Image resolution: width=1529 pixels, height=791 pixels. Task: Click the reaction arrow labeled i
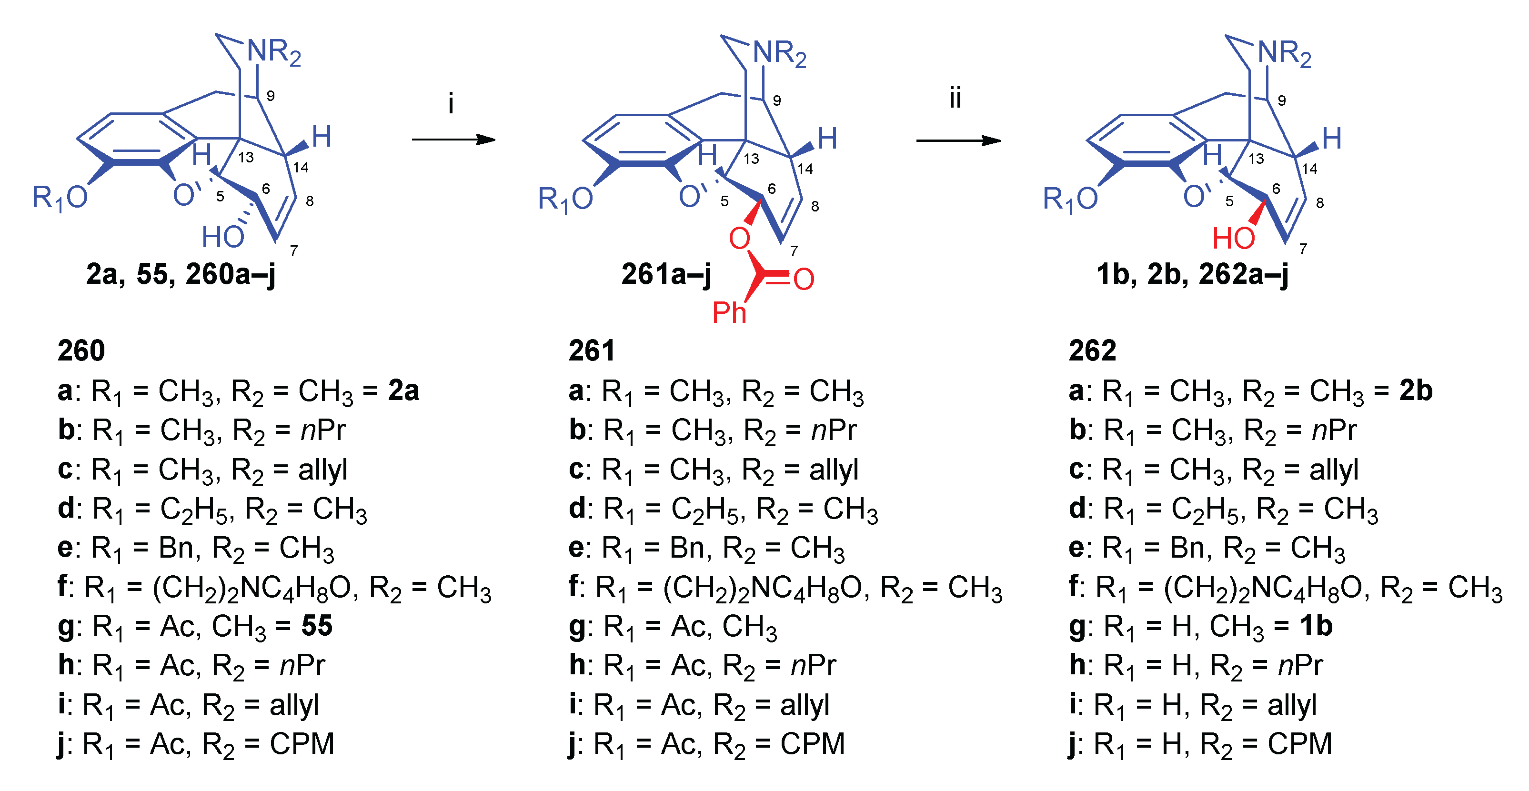point(453,140)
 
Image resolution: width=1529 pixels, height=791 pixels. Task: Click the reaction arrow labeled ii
point(958,140)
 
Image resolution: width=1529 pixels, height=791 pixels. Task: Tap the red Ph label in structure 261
point(729,312)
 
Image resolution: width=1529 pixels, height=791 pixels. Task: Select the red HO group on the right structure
point(1233,239)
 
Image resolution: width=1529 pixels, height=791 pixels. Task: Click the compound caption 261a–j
point(666,274)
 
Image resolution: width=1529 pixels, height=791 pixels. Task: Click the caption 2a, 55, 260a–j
point(181,274)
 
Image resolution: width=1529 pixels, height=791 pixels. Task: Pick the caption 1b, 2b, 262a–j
point(1192,274)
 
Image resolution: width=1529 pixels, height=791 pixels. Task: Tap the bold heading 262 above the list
point(1092,350)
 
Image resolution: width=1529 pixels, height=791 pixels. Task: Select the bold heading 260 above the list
point(81,350)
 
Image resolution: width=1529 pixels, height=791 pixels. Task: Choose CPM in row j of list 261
point(812,743)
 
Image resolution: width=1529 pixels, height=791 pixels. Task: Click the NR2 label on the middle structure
point(779,53)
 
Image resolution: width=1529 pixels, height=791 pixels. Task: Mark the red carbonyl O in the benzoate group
point(804,279)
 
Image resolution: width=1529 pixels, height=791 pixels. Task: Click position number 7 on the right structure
point(1303,249)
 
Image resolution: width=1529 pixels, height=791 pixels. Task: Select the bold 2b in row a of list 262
point(1416,390)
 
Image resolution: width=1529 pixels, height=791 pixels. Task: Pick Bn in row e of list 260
point(175,548)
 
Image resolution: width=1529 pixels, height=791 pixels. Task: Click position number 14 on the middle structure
point(805,169)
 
